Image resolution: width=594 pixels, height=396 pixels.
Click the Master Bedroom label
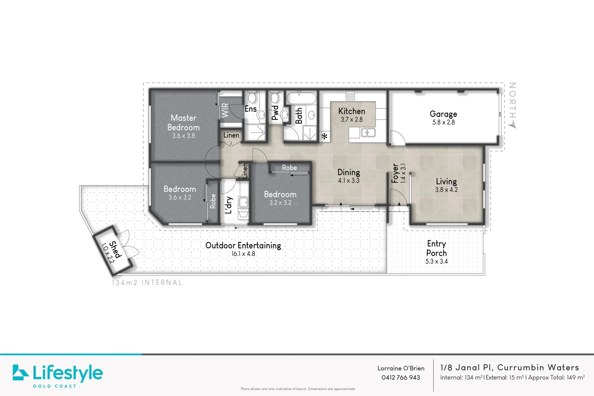click(x=183, y=122)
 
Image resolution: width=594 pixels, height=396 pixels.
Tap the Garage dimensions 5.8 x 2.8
click(x=443, y=122)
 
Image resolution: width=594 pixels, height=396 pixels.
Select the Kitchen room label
click(x=352, y=111)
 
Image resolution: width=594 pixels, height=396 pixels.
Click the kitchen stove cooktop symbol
click(x=350, y=96)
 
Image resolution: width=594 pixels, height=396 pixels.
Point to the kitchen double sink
click(x=368, y=132)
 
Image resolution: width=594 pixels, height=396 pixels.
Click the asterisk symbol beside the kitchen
click(x=324, y=137)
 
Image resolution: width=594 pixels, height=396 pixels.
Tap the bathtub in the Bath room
click(x=301, y=98)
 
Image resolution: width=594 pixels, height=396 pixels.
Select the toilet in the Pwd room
click(x=275, y=97)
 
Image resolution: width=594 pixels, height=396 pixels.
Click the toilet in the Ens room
click(x=252, y=97)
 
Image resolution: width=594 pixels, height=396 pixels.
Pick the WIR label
click(x=225, y=110)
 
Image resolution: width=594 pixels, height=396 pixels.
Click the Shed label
click(x=115, y=249)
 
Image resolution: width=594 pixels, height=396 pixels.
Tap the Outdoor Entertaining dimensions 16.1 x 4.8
click(x=243, y=253)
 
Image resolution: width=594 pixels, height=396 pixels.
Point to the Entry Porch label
click(x=437, y=248)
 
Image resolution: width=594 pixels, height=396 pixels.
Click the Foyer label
click(x=395, y=173)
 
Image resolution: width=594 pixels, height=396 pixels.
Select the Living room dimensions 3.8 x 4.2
click(x=446, y=190)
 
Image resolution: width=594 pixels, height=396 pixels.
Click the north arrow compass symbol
click(x=512, y=125)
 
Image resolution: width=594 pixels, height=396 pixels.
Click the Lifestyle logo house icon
click(x=20, y=372)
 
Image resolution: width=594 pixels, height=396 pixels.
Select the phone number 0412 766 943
click(x=401, y=377)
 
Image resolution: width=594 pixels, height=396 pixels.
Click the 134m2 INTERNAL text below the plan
click(x=147, y=282)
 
